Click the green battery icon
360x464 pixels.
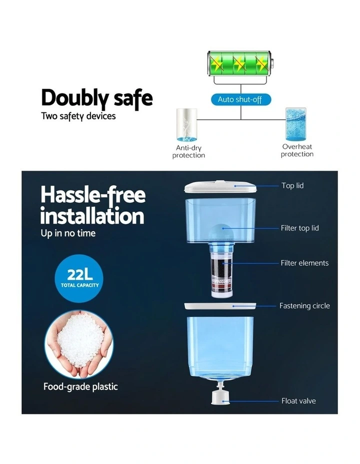click(x=240, y=63)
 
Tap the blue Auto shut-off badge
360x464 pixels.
click(x=241, y=99)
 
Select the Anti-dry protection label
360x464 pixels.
click(x=188, y=151)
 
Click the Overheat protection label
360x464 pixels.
click(x=297, y=150)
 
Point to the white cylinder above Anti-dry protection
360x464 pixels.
click(x=186, y=125)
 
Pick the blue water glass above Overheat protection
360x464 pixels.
click(x=295, y=124)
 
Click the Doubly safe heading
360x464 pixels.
click(x=96, y=98)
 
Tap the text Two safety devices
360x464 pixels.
click(x=78, y=116)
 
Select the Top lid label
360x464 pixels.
click(x=292, y=185)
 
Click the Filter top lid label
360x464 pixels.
click(x=300, y=228)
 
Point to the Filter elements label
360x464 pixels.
click(x=304, y=263)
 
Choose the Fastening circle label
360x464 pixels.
click(x=304, y=305)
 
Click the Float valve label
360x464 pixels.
click(x=298, y=401)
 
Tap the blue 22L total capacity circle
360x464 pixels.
click(x=79, y=278)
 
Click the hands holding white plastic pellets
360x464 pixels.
click(x=79, y=344)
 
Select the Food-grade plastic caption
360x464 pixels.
click(x=80, y=387)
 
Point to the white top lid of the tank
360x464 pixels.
click(x=220, y=187)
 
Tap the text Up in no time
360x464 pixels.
click(x=68, y=233)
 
